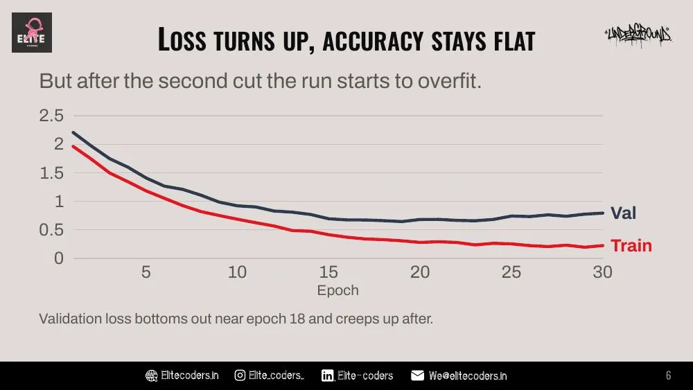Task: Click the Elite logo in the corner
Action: tap(32, 33)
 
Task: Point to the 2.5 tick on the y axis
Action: tap(51, 116)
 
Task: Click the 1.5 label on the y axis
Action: tap(51, 173)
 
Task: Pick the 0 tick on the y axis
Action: tap(59, 258)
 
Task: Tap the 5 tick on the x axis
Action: tap(146, 272)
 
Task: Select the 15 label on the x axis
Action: tap(328, 272)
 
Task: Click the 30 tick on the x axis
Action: tap(602, 272)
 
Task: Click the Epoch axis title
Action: tap(337, 290)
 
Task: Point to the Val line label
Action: tap(623, 213)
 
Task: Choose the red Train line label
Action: tap(631, 246)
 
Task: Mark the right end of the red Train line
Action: tap(603, 246)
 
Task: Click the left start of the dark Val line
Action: tap(73, 132)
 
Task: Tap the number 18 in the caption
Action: tap(297, 319)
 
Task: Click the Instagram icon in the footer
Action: tap(240, 375)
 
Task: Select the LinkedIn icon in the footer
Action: tap(328, 375)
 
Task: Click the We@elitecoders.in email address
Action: tap(468, 376)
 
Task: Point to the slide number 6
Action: tap(668, 375)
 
